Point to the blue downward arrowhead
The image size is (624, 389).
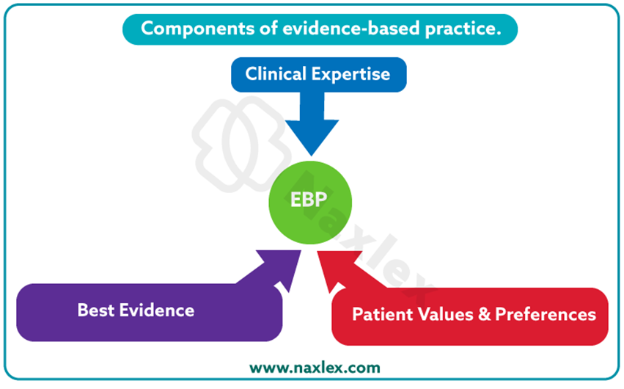pyautogui.click(x=312, y=136)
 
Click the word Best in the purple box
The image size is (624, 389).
pyautogui.click(x=95, y=310)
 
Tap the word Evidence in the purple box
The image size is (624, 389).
pyautogui.click(x=157, y=310)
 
